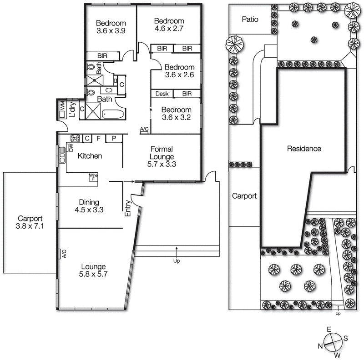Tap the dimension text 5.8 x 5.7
[x=93, y=274]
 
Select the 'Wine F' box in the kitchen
[x=94, y=176]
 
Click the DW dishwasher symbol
[x=71, y=147]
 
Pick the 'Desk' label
[x=162, y=94]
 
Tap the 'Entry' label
[x=128, y=207]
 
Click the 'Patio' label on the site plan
[x=250, y=20]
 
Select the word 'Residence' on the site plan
[x=304, y=149]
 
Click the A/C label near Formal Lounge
[x=144, y=130]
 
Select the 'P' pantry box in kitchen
[x=113, y=138]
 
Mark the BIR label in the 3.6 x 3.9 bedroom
[x=102, y=55]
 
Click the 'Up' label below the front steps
[x=176, y=261]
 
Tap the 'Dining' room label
[x=89, y=202]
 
